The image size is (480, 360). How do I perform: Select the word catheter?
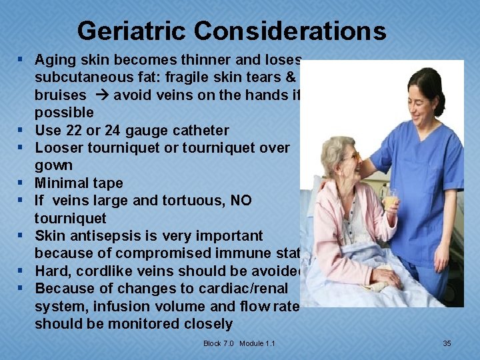tap(199, 130)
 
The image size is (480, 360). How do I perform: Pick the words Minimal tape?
tap(79, 183)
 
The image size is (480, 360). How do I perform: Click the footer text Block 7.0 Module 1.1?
tap(239, 343)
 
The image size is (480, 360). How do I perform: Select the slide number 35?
tap(447, 343)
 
